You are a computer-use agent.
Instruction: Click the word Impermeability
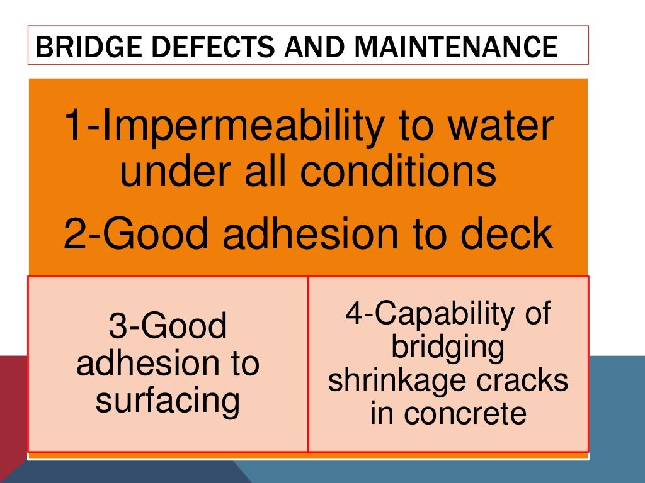(232, 126)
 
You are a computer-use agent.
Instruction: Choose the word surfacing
(168, 401)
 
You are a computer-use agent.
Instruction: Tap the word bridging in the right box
(448, 348)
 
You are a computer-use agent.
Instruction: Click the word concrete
(466, 414)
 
